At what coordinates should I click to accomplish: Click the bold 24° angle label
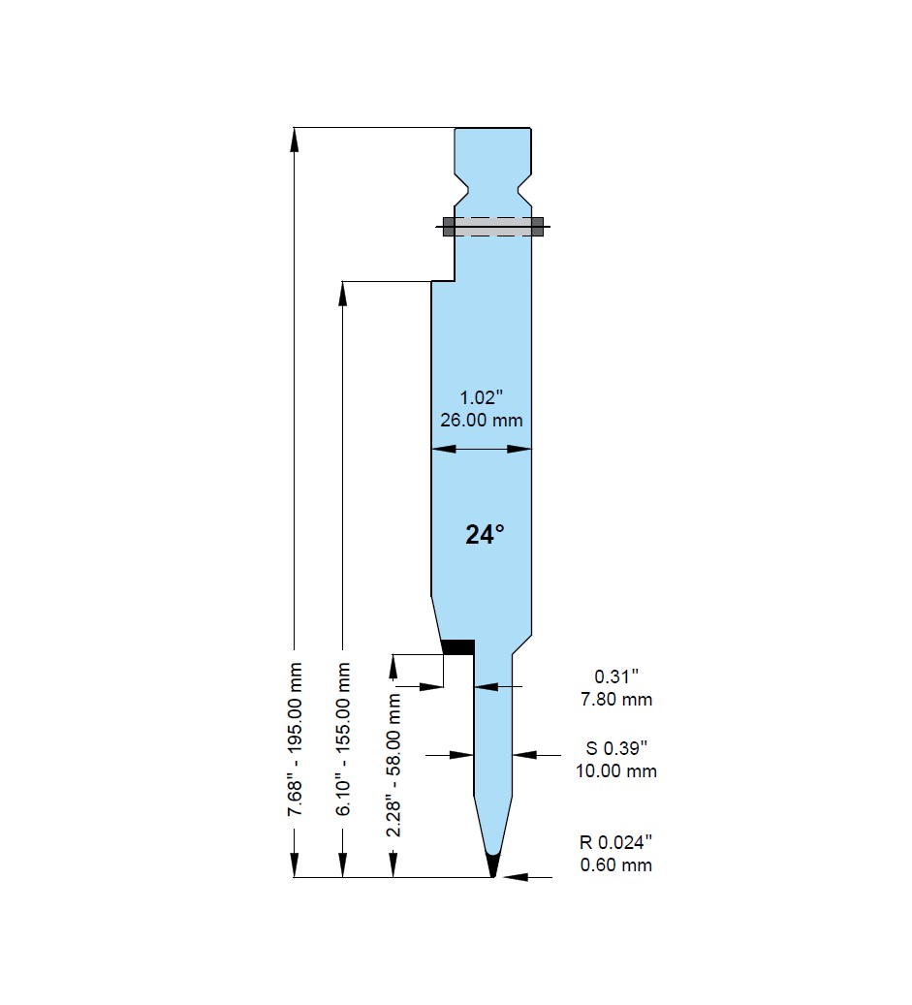click(485, 534)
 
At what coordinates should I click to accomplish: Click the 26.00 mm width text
click(482, 421)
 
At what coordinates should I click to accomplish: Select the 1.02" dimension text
click(482, 397)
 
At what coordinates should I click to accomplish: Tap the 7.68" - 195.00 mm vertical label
click(295, 739)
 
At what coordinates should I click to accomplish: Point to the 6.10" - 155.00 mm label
click(343, 739)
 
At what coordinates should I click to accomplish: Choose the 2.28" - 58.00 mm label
click(393, 765)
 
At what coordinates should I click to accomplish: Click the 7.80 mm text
click(616, 700)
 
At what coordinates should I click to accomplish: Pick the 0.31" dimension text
click(616, 676)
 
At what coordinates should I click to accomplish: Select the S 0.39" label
click(616, 748)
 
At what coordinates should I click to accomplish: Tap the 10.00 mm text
click(616, 771)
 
